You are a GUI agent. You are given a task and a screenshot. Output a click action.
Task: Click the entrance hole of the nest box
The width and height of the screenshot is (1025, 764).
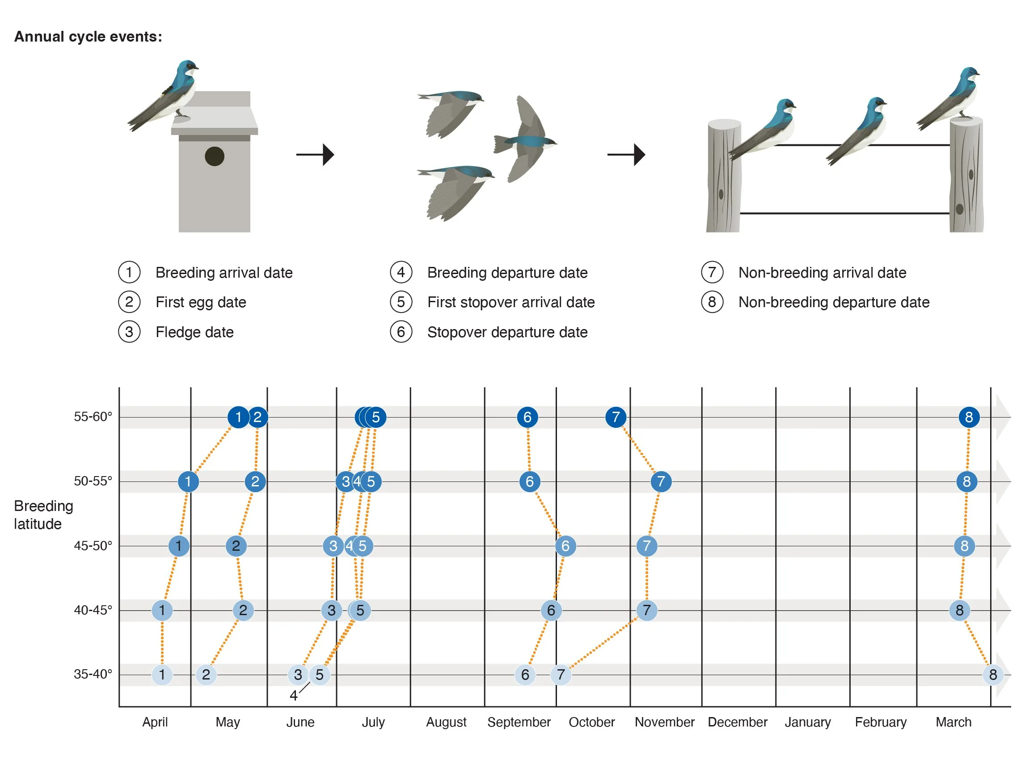[215, 156]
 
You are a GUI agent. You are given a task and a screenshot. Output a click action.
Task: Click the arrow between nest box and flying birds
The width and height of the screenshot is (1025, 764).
[315, 155]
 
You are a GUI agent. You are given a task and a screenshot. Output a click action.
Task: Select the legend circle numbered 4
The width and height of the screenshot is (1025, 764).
[401, 272]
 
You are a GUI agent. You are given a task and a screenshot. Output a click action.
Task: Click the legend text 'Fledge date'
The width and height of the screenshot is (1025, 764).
[194, 332]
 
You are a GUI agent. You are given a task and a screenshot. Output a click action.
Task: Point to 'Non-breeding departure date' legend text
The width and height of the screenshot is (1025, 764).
[834, 302]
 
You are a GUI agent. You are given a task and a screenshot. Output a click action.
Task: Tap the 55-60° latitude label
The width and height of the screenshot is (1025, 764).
[93, 417]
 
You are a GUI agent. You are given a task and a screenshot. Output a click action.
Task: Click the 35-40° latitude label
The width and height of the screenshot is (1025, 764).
[93, 674]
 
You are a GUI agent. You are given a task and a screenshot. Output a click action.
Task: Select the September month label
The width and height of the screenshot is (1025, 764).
[519, 722]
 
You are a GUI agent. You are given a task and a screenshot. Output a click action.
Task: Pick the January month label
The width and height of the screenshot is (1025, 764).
[808, 722]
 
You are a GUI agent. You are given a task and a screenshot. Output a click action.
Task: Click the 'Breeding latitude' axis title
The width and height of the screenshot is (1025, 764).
[43, 515]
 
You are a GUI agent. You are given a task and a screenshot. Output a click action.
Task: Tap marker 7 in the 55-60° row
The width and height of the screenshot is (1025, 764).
[616, 417]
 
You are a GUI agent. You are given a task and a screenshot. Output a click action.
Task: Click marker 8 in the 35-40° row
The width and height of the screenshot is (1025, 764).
[993, 675]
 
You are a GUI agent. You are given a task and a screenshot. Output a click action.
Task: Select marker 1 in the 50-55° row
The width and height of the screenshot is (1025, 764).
[188, 481]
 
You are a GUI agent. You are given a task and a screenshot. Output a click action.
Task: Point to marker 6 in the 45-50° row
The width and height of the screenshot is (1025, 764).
[565, 546]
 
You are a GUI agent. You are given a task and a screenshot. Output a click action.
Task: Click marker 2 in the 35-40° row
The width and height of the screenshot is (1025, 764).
[206, 675]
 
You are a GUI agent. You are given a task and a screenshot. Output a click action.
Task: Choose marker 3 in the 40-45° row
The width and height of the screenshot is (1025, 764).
[332, 611]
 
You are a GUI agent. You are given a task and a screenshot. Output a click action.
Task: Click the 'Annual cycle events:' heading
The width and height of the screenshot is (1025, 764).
[89, 37]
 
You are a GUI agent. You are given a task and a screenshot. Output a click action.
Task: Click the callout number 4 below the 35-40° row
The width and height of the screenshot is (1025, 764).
[293, 695]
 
